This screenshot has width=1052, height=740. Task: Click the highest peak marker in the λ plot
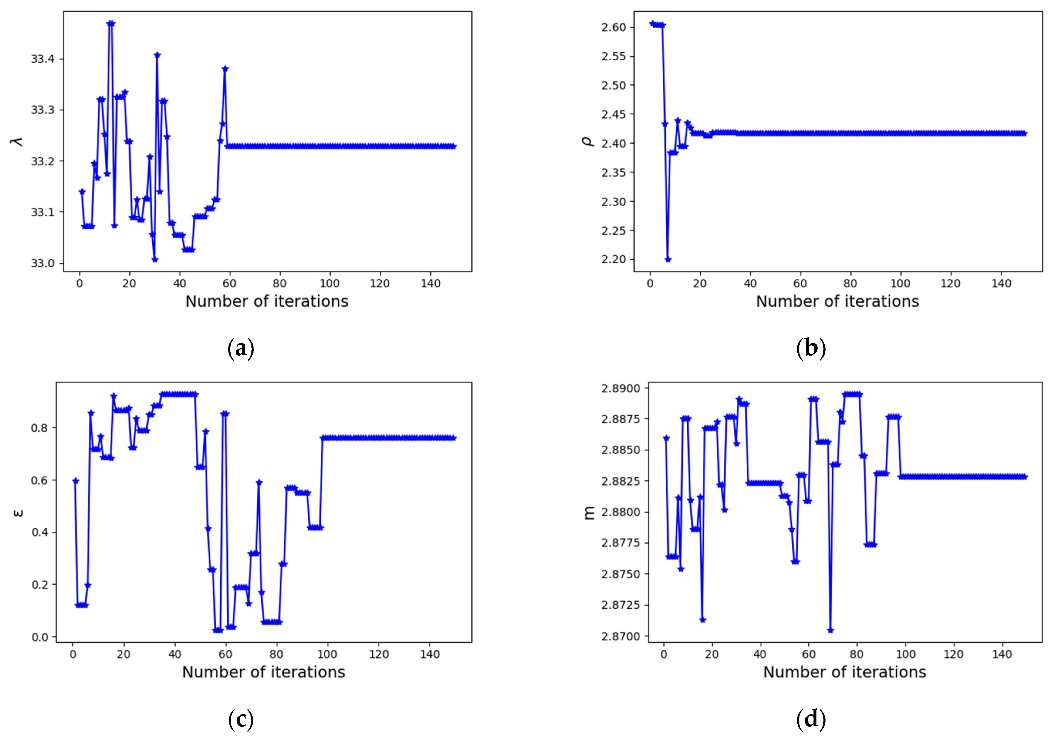(110, 23)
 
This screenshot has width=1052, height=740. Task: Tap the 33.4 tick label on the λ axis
(43, 59)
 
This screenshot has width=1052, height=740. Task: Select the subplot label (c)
(241, 719)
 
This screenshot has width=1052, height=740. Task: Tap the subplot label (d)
(811, 719)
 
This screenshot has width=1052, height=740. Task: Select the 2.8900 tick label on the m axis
(621, 388)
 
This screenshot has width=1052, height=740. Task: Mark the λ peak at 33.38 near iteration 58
(225, 69)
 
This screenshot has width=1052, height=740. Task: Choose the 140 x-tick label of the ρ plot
(1001, 284)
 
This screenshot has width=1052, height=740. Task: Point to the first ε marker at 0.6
(76, 481)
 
